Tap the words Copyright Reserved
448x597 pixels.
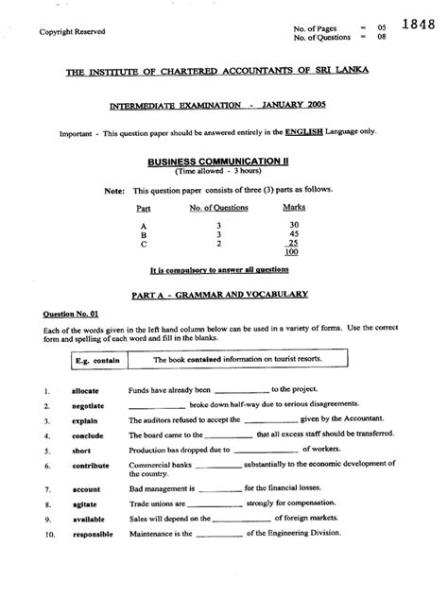pos(71,32)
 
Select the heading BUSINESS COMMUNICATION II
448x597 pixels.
pos(223,162)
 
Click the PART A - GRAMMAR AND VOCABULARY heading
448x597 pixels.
pos(223,294)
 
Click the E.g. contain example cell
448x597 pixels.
pos(92,360)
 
